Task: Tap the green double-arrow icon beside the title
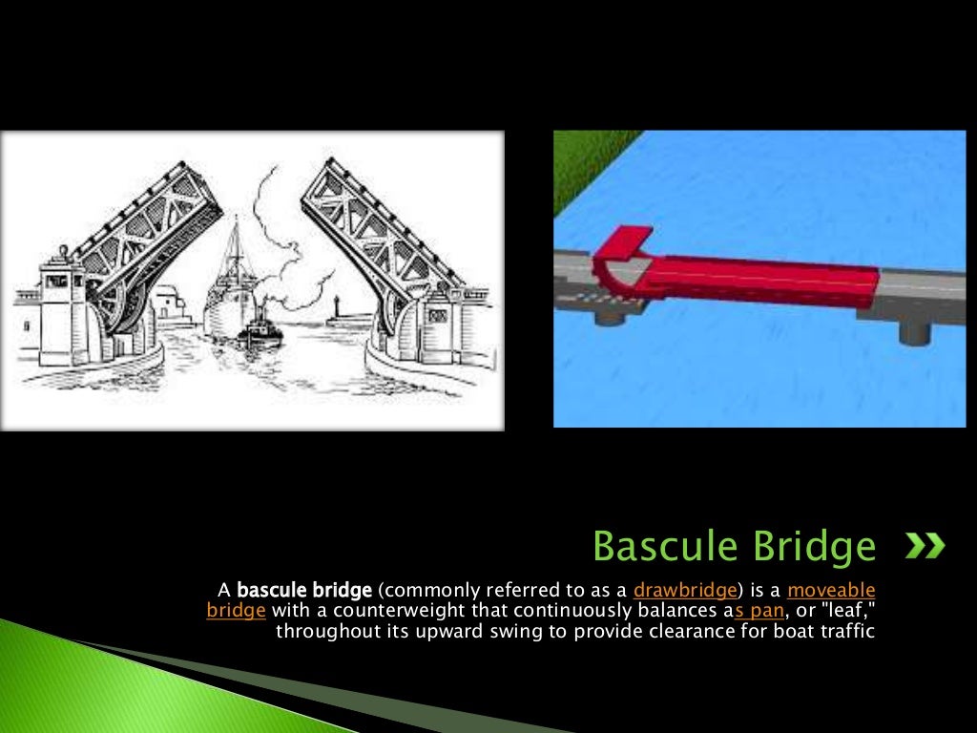pos(925,546)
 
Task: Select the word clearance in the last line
pos(678,631)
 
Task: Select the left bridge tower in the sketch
pos(63,310)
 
